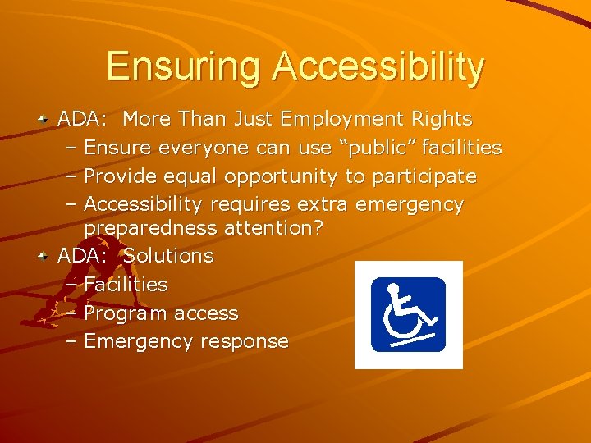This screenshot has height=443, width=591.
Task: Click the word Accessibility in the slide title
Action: [380, 68]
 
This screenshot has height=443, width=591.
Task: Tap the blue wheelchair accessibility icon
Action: [408, 315]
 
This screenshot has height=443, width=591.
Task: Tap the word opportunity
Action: [279, 176]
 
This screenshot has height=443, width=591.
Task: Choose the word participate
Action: [424, 177]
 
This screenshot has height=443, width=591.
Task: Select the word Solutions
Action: [168, 256]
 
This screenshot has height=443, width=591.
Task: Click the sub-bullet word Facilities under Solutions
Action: [126, 285]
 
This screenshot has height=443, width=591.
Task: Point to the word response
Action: [248, 342]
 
